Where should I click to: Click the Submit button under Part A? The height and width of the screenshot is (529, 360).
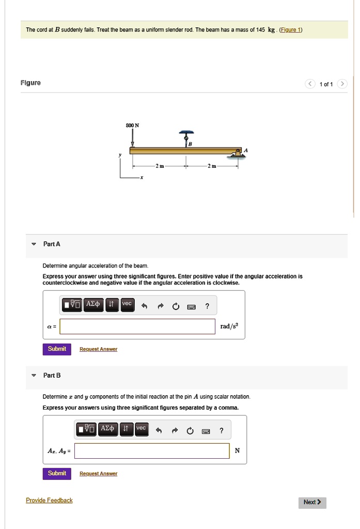[x=57, y=349]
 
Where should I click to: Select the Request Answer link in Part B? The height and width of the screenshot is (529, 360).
[x=98, y=474]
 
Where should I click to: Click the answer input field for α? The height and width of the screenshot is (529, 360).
[x=137, y=326]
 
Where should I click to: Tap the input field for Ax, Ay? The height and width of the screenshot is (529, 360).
[x=152, y=450]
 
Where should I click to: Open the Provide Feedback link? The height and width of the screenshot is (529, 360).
[x=49, y=500]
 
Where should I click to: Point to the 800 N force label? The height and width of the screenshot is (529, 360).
[x=133, y=126]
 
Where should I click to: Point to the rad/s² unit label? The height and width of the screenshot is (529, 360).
[x=229, y=326]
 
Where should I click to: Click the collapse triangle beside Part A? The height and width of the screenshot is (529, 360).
[x=34, y=244]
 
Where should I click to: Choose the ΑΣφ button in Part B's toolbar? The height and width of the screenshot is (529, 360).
[x=108, y=429]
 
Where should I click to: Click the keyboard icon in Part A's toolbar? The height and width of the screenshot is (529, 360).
[x=191, y=307]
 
